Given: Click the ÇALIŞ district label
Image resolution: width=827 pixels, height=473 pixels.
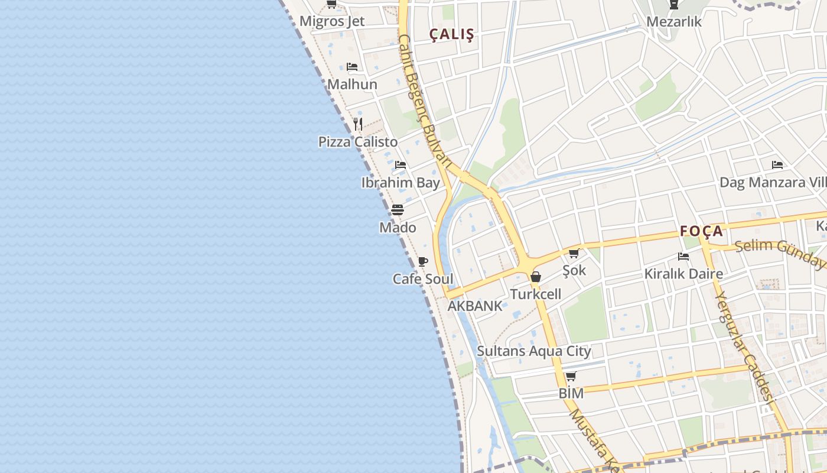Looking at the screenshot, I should coord(451,35).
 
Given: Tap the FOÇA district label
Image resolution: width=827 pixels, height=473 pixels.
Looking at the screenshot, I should coord(701,231).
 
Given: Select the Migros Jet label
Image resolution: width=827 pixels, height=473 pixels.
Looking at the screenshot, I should coord(332,21).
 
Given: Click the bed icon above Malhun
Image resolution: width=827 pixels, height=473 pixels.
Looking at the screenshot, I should coord(352,67).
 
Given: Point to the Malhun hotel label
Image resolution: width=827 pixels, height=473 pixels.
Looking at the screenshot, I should coord(352,84).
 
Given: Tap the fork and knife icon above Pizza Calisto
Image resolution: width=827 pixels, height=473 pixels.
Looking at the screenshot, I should coord(357,124).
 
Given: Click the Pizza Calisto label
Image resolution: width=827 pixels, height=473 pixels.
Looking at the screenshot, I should coord(358,142).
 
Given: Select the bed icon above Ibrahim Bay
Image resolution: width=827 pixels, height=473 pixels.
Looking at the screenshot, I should coord(401,165).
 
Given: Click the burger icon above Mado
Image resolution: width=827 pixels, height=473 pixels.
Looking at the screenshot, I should coord(398,210).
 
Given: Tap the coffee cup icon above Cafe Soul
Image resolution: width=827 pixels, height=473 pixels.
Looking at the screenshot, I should coord(422,261).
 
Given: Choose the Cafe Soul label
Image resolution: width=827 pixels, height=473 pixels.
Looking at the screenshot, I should coord(423,279).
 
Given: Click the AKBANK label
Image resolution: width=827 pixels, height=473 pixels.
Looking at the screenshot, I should coord(475,306).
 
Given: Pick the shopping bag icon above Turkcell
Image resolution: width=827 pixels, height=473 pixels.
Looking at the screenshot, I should coord(536,276).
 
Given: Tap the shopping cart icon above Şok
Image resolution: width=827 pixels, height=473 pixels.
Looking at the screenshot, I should coord(574,253).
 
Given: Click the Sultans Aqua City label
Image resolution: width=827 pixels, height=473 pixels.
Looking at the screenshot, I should coord(534,351).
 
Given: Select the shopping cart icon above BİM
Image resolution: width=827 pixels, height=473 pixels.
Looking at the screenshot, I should coord(571,376).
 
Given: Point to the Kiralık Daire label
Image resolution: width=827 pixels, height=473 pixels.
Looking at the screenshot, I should coord(683,274).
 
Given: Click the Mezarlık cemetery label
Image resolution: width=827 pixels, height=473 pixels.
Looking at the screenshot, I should coord(674,22).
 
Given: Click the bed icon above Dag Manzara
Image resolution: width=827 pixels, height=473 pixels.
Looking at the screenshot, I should coord(777,165).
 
